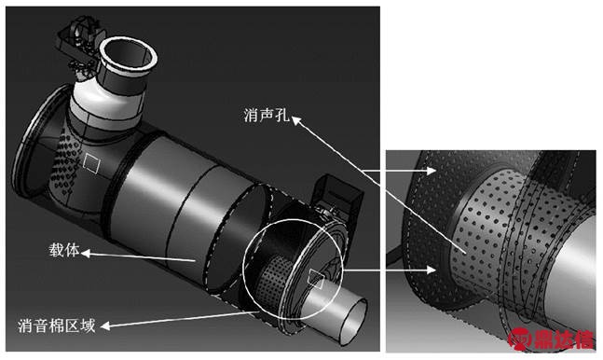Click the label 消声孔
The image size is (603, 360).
(x=267, y=115)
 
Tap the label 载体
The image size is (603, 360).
(x=63, y=250)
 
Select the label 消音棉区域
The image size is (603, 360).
(x=57, y=326)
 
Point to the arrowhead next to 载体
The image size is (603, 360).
(x=86, y=253)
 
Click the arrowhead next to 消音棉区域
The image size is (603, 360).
(x=105, y=326)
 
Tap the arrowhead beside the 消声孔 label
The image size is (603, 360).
(x=295, y=120)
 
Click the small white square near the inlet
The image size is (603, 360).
(x=91, y=163)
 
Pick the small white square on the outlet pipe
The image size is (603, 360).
(x=316, y=278)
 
